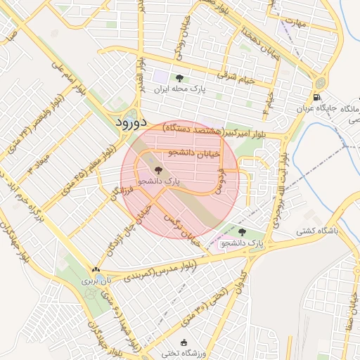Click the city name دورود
click(133, 122)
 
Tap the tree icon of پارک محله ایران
click(179, 78)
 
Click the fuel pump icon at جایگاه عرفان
click(318, 97)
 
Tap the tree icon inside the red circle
click(157, 170)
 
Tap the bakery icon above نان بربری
click(95, 269)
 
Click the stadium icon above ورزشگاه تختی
click(184, 342)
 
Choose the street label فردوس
click(220, 180)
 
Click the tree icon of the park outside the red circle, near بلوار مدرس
click(243, 232)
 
